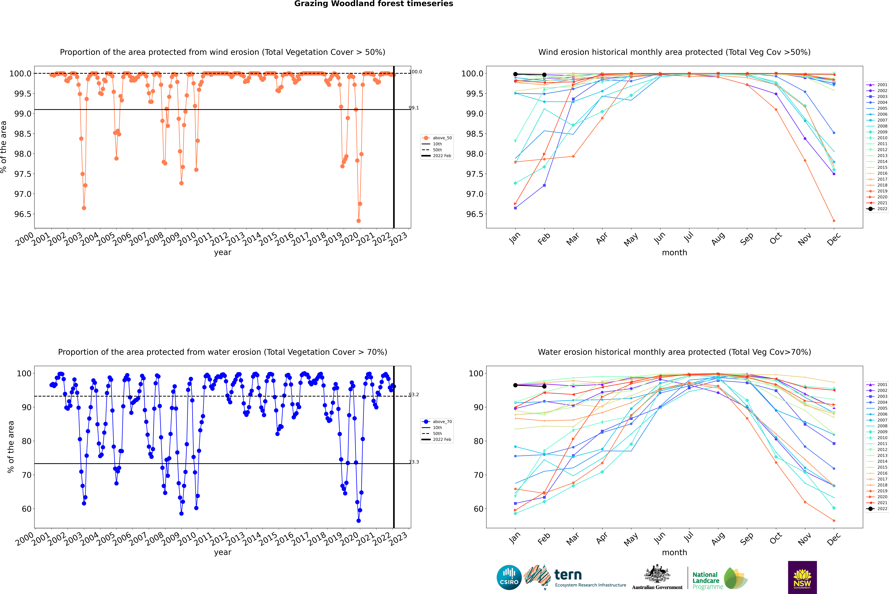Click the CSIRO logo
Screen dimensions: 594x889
coord(509,577)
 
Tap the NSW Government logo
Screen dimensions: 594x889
coord(802,577)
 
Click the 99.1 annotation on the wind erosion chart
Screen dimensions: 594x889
coord(414,108)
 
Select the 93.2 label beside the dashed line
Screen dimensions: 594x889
coord(414,395)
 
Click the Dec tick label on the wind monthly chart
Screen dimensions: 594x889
coord(834,239)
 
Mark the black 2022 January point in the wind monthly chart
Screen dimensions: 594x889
coord(515,74)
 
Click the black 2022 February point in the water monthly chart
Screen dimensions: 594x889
coord(544,386)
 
